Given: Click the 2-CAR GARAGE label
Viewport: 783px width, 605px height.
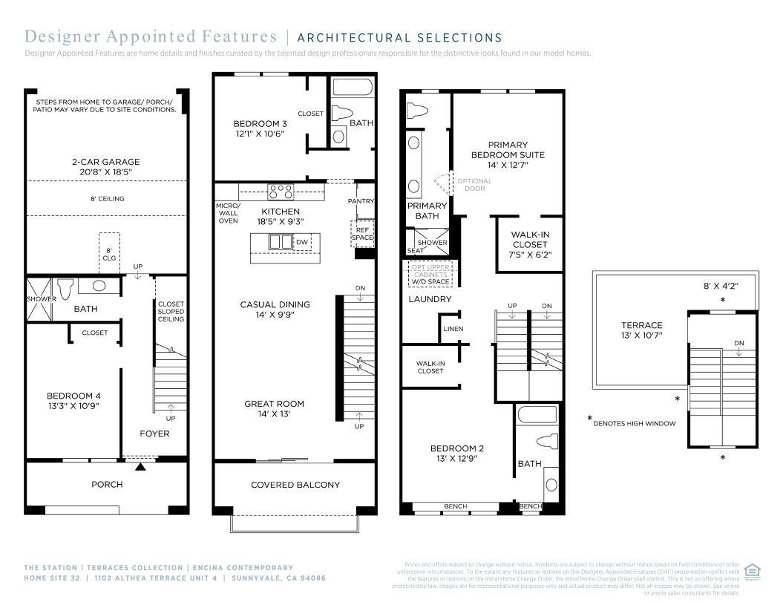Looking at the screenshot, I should click(x=105, y=162).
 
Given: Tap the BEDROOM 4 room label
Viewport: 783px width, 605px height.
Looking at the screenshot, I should click(x=73, y=396).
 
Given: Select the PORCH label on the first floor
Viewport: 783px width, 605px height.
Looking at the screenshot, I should click(x=107, y=484).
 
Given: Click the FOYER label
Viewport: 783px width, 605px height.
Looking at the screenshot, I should click(x=154, y=434).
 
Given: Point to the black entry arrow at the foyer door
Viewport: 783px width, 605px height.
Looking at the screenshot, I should click(x=140, y=466).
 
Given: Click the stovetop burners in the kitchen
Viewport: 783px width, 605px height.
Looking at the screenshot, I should click(x=281, y=192).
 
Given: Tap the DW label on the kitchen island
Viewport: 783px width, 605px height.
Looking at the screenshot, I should click(x=301, y=242).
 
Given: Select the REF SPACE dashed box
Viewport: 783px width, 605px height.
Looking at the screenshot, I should click(x=362, y=233).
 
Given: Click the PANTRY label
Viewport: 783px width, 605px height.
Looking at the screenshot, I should click(x=361, y=201).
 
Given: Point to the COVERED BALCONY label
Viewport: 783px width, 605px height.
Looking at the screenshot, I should click(x=295, y=485).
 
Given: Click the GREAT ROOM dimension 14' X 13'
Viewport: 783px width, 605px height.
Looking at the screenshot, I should click(x=275, y=414).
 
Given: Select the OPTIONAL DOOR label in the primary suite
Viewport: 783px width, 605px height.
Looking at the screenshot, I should click(x=474, y=185).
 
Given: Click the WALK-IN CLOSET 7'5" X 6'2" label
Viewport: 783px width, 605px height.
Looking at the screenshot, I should click(x=529, y=243).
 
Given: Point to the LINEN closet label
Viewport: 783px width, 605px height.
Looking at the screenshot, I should click(x=453, y=328).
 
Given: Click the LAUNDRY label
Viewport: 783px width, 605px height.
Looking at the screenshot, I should click(x=430, y=299).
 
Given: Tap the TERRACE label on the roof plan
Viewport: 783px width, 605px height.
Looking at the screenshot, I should click(x=642, y=325).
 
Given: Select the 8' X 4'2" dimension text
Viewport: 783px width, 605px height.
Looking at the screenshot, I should click(x=721, y=285).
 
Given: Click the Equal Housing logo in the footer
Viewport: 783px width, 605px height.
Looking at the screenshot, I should click(x=751, y=572).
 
